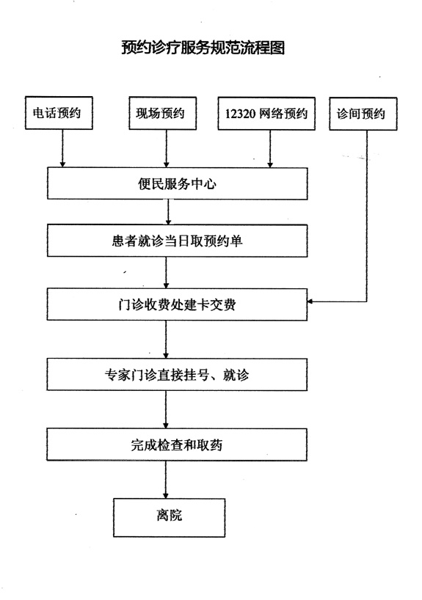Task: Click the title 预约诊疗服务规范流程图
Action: [203, 48]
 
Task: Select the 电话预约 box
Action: [59, 113]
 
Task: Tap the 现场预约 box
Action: [163, 113]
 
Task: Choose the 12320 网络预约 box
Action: [266, 114]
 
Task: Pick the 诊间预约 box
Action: [363, 114]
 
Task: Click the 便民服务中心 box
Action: [178, 183]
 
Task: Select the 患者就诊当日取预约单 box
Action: [178, 241]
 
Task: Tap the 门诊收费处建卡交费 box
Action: [177, 304]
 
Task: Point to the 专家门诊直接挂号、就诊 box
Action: [177, 375]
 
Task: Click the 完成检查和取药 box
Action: [177, 444]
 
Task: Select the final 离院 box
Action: [169, 517]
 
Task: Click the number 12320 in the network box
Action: [240, 114]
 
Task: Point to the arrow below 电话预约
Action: [63, 148]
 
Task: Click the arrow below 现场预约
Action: [166, 149]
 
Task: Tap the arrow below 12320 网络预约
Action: [270, 149]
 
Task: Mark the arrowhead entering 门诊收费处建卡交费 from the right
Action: [310, 301]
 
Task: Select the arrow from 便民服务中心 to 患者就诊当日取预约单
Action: [168, 212]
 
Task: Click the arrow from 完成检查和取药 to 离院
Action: [166, 480]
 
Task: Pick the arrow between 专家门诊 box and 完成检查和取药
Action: [166, 409]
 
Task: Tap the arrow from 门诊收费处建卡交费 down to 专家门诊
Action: [166, 340]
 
